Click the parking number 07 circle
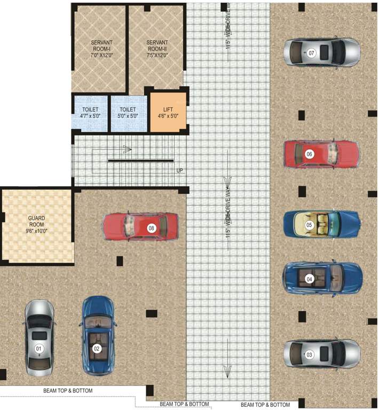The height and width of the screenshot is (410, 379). point(311,53)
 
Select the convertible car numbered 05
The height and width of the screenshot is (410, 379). point(320,225)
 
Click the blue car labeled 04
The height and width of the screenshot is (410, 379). point(322,278)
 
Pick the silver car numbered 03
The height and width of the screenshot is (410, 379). point(322,354)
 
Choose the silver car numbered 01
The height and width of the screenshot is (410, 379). point(38,337)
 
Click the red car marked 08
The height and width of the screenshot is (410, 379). point(140,227)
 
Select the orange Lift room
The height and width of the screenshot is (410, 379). point(168,112)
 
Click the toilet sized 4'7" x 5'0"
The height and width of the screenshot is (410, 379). point(91,113)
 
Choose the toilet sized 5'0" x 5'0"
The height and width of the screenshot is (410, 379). point(128,113)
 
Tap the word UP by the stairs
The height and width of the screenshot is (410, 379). point(180,171)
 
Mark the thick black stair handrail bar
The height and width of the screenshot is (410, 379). point(140,160)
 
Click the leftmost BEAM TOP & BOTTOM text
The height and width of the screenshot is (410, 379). point(68,391)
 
